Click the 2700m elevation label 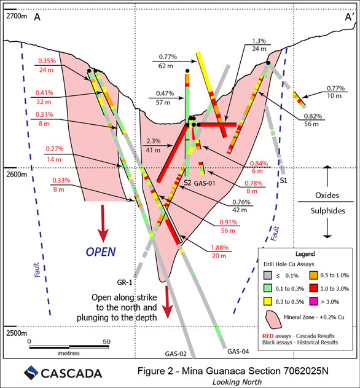point(17,16)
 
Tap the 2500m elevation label point(17,333)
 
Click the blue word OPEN point(101,252)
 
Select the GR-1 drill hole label point(125,282)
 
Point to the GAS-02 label point(176,354)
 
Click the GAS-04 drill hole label point(238,351)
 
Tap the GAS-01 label point(205,183)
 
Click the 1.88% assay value point(219,248)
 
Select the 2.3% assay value point(154,141)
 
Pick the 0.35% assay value point(47,61)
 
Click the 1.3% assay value point(259,41)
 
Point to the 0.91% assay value point(229,222)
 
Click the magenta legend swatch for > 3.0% point(313,302)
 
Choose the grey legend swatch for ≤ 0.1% point(268,275)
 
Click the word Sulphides point(327,211)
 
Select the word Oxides point(327,196)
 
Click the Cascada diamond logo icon point(31,373)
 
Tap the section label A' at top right point(350,17)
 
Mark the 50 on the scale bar point(106,341)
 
